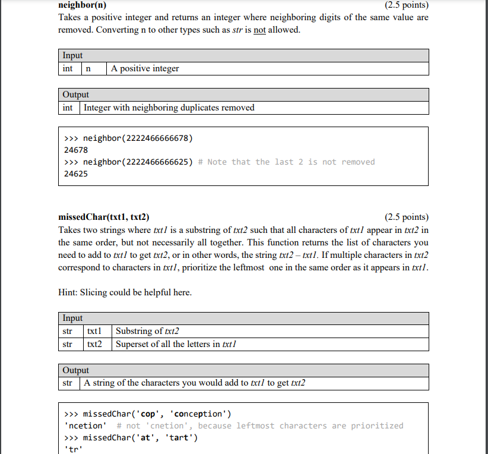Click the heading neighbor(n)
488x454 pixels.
click(83, 5)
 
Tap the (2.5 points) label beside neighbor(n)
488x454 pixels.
click(406, 5)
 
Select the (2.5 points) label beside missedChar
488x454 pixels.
click(406, 217)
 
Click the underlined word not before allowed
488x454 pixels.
click(259, 30)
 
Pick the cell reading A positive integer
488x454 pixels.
click(145, 69)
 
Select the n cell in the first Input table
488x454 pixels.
click(88, 69)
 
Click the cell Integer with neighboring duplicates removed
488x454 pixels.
click(169, 108)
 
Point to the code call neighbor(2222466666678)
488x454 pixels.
click(138, 138)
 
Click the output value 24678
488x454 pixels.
click(76, 150)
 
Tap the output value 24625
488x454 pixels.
click(76, 174)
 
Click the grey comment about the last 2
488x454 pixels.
click(287, 162)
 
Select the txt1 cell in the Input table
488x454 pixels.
click(95, 331)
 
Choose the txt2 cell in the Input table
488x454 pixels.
click(95, 344)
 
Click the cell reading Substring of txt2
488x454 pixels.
click(148, 331)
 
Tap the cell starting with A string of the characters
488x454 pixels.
click(195, 383)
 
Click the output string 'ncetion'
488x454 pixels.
click(85, 426)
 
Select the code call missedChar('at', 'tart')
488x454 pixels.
click(140, 438)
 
